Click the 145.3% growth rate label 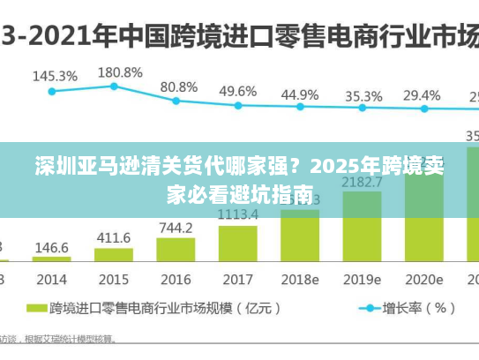[x=55, y=77]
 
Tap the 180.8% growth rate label [x=120, y=71]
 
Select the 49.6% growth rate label [x=237, y=91]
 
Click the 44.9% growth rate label [x=300, y=94]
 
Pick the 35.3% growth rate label [x=363, y=95]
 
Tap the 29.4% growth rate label [x=422, y=94]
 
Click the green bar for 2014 [x=52, y=259]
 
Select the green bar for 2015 [x=114, y=254]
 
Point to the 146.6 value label [x=52, y=248]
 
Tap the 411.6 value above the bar [x=114, y=237]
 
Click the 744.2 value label [x=176, y=228]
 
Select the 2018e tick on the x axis [x=300, y=279]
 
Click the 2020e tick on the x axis [x=423, y=279]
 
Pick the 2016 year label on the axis [x=176, y=279]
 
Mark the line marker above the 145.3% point [x=52, y=91]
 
